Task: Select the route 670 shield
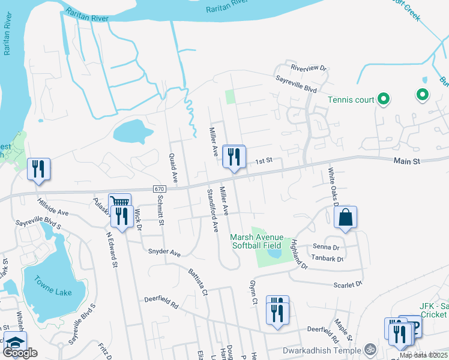[158, 188]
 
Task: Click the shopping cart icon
[119, 203]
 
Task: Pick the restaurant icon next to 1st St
[234, 157]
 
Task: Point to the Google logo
[20, 353]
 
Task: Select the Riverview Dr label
[307, 68]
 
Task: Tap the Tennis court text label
[351, 100]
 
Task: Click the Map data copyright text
[423, 355]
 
